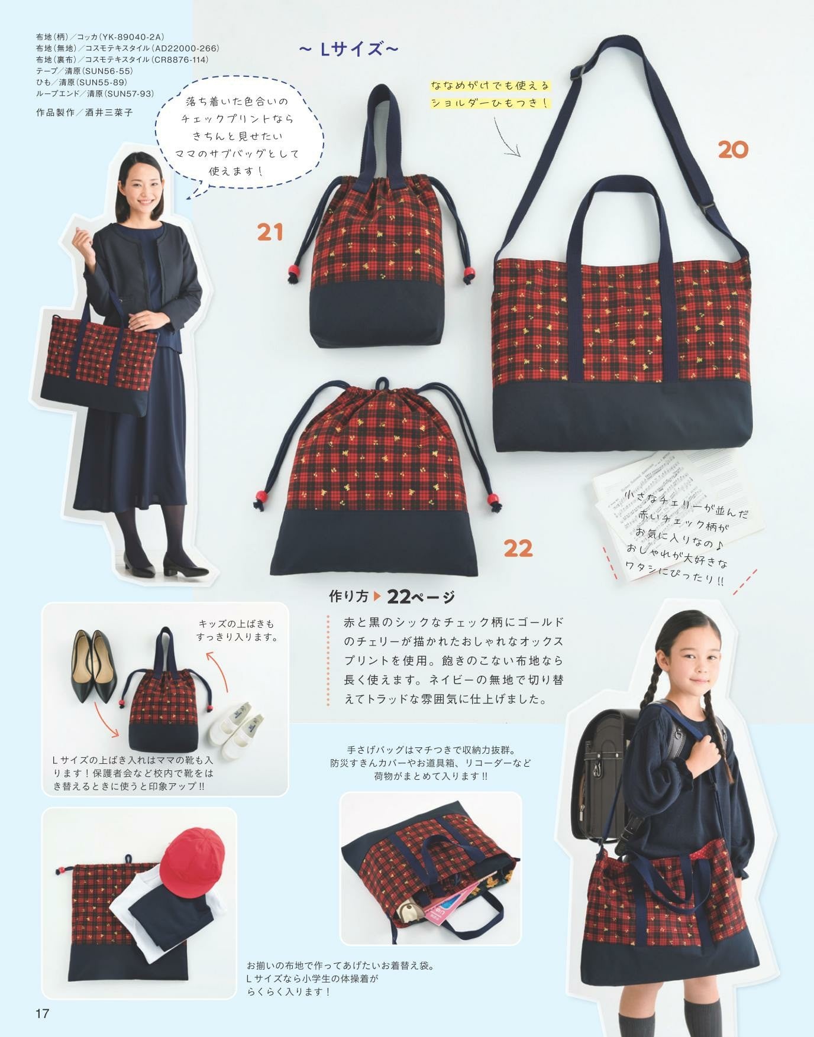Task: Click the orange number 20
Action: (x=733, y=149)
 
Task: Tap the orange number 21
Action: (x=270, y=232)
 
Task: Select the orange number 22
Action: (x=518, y=548)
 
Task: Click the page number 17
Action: (x=42, y=1013)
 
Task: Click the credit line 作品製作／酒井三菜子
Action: (x=85, y=112)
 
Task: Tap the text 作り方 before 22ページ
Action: (x=350, y=597)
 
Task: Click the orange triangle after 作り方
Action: (x=378, y=597)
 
